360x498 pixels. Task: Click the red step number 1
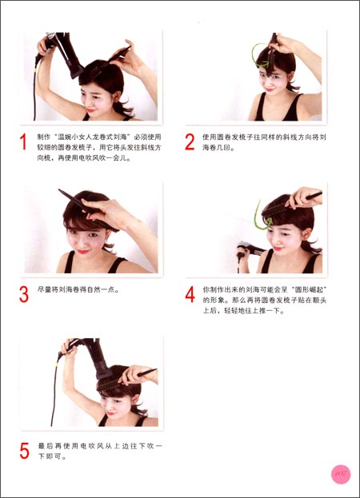coord(24,143)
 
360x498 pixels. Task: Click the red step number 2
coord(190,142)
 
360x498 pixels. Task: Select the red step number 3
coord(24,294)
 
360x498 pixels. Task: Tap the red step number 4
coord(190,294)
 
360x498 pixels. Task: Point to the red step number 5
coord(24,450)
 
